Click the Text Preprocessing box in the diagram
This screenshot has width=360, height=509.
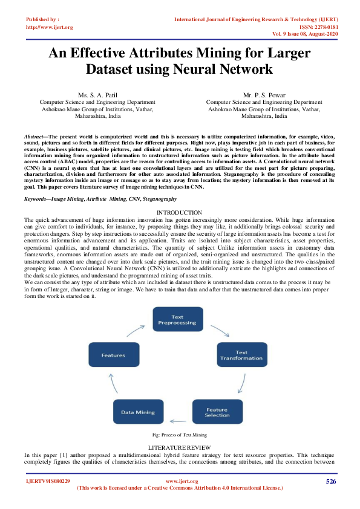pos(177,320)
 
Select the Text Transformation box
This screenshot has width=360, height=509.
pos(241,355)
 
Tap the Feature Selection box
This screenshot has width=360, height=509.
pos(217,411)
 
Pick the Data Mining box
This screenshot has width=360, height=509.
pos(139,412)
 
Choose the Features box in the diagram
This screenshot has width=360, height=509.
pos(113,355)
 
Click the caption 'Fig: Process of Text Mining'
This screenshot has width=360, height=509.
pos(180,435)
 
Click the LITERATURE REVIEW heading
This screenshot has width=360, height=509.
pos(179,446)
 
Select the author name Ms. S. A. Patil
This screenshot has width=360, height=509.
pos(97,96)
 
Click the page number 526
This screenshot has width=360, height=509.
pos(331,481)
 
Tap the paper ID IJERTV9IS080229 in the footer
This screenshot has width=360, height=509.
pos(48,481)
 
